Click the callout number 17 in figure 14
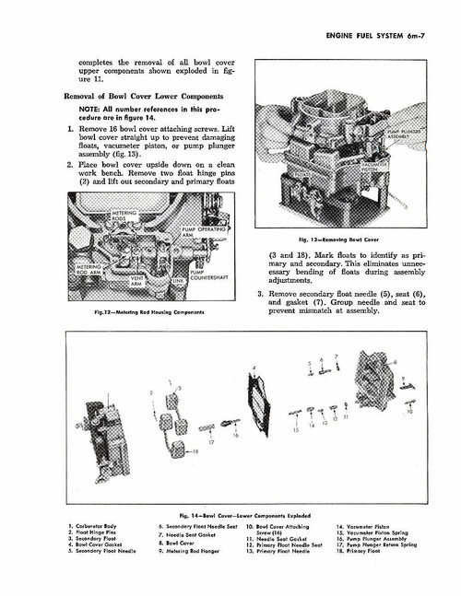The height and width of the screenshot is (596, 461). pos(210,442)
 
